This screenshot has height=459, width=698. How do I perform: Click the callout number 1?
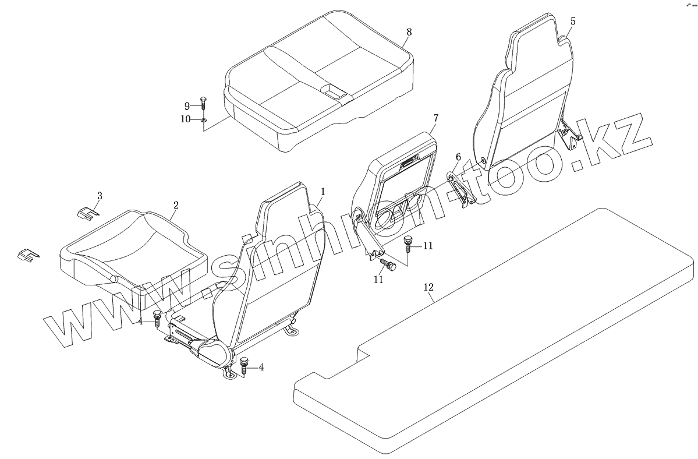pyautogui.click(x=323, y=191)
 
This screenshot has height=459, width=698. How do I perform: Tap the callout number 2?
pyautogui.click(x=176, y=206)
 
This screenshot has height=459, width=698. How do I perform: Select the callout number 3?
pyautogui.click(x=100, y=196)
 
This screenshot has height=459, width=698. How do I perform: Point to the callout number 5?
pyautogui.click(x=573, y=22)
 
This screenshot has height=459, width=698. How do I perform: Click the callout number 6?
pyautogui.click(x=458, y=157)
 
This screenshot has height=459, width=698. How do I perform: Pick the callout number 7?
pyautogui.click(x=435, y=118)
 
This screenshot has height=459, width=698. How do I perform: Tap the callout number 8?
pyautogui.click(x=409, y=32)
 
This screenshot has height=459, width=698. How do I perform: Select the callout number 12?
pyautogui.click(x=429, y=287)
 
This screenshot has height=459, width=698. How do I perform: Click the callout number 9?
pyautogui.click(x=187, y=106)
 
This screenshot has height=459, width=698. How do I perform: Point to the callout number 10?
pyautogui.click(x=185, y=119)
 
